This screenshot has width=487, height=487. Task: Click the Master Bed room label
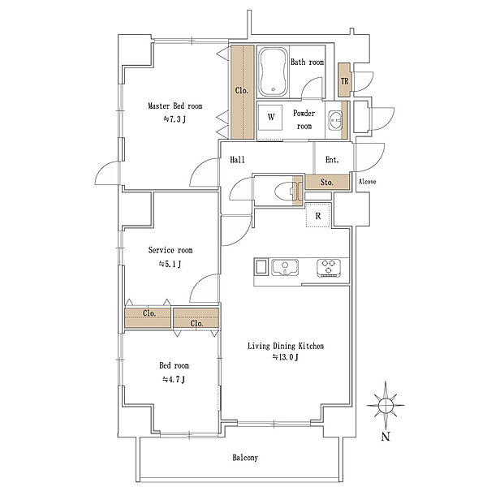[x=175, y=106]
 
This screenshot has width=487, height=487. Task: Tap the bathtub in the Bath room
[x=273, y=72]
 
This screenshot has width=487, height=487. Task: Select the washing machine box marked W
[x=271, y=118]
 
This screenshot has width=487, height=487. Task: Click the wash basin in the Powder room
[x=335, y=119]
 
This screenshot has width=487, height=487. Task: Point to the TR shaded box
[x=344, y=80]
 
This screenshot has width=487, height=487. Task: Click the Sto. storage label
[x=327, y=183]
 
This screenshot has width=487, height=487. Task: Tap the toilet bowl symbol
[x=285, y=191]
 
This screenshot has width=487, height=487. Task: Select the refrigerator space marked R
[x=317, y=215]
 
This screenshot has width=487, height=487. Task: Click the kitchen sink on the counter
[x=285, y=268]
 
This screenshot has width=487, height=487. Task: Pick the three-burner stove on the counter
[x=329, y=268]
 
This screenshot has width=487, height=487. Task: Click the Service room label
[x=170, y=250]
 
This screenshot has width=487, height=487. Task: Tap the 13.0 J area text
[x=286, y=357]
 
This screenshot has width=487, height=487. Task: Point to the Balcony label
[x=245, y=458]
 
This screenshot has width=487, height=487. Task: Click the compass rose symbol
[x=386, y=405]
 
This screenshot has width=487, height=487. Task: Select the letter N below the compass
[x=386, y=437]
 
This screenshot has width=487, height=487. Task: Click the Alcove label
[x=368, y=181]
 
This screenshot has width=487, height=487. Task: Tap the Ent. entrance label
[x=332, y=160]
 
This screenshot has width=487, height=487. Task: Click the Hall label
[x=237, y=160]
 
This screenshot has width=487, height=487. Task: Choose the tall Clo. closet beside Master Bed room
[x=242, y=93]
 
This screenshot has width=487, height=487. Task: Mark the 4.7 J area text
[x=174, y=379]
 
